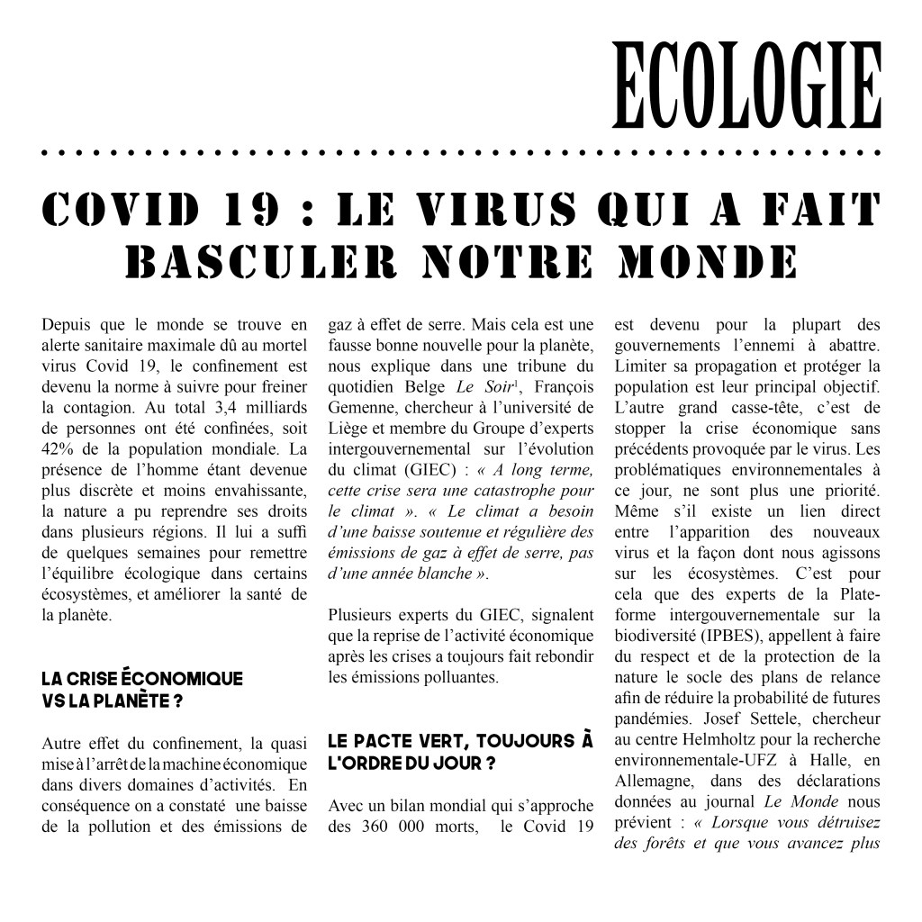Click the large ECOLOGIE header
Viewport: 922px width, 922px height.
(746, 86)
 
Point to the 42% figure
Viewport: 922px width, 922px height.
(57, 448)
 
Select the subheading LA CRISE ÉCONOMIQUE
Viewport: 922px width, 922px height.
(141, 679)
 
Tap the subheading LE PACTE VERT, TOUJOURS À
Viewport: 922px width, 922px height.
(460, 741)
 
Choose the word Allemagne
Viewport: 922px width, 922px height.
(657, 782)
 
